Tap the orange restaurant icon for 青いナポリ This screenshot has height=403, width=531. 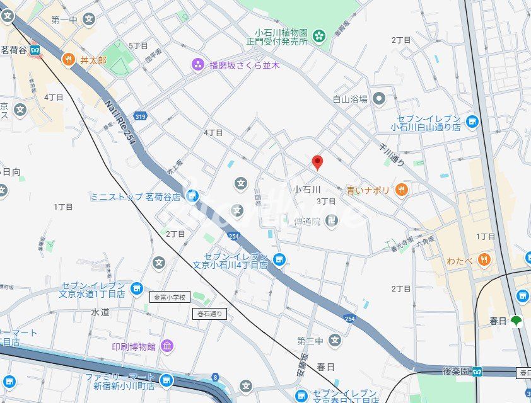(x=401, y=189)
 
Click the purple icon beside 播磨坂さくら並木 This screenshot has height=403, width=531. (x=198, y=64)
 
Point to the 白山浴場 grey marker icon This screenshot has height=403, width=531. (x=378, y=98)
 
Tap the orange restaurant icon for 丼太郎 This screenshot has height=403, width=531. (x=68, y=60)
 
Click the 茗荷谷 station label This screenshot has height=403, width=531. (x=14, y=50)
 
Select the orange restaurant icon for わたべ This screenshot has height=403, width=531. (x=483, y=259)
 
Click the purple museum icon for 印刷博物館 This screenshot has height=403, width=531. (x=167, y=346)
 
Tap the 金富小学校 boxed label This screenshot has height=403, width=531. (x=169, y=297)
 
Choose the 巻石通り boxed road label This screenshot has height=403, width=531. (x=209, y=314)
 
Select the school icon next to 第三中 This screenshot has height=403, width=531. (x=334, y=341)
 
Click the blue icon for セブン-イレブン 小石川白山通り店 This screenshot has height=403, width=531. (x=472, y=121)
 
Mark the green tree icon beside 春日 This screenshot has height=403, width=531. (x=516, y=321)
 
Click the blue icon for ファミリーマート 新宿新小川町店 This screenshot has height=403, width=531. (x=166, y=380)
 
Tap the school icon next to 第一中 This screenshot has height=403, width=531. (x=89, y=20)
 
